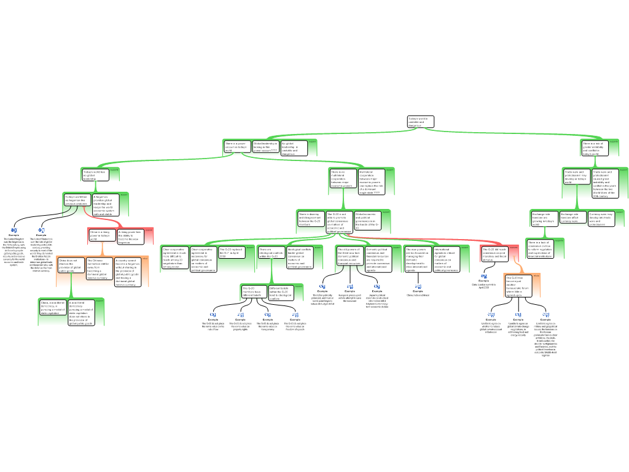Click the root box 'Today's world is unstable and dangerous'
coord(420,122)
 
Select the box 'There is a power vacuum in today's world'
coord(237,147)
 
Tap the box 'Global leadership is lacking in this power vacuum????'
coord(265,147)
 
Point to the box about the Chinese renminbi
coord(99,269)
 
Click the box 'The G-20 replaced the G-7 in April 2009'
coord(231,252)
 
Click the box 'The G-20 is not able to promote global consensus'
coord(339,222)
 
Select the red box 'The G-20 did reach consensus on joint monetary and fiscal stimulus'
coord(494,254)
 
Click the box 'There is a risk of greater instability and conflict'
coord(595,147)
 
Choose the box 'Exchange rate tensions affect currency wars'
coord(573,218)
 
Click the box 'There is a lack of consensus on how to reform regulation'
coord(539,249)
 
